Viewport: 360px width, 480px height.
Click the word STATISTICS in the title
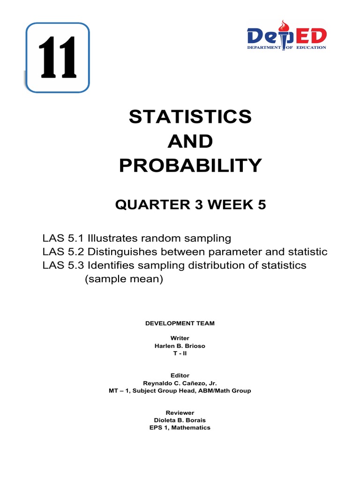coord(190,117)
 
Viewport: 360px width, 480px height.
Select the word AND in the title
coord(190,141)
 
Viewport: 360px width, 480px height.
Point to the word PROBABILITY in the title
coord(190,165)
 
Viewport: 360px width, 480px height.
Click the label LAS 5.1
coord(61,238)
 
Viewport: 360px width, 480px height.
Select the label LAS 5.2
coord(61,252)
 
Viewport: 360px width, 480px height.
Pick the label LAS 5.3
coord(61,265)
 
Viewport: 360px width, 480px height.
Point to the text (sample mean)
coord(123,279)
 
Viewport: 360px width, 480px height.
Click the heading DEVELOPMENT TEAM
coord(180,323)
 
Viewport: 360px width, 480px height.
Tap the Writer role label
coord(180,338)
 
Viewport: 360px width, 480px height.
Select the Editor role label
coord(180,375)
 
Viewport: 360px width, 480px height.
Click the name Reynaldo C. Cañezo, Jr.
coord(180,383)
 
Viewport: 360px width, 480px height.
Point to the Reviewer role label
coord(180,412)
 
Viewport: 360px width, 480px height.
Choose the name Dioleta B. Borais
coord(180,420)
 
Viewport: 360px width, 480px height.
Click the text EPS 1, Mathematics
coord(180,427)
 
